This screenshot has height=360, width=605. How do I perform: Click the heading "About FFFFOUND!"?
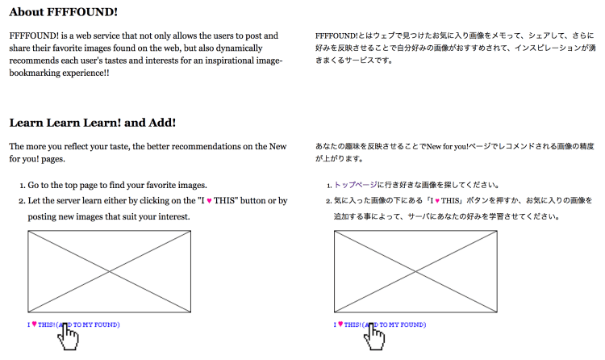tap(64, 12)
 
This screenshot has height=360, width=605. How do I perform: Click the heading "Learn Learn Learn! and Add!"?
tap(92, 123)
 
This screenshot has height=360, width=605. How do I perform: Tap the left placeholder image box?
tap(109, 271)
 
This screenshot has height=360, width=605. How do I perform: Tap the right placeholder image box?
tap(415, 271)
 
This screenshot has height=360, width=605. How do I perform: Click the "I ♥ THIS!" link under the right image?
tap(348, 324)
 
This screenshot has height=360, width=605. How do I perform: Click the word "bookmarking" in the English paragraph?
tap(40, 73)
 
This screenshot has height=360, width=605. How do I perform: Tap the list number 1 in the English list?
tap(21, 184)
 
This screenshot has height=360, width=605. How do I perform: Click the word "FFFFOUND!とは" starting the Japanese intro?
tap(343, 36)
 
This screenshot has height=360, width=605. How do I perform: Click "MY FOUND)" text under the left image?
tap(101, 324)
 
